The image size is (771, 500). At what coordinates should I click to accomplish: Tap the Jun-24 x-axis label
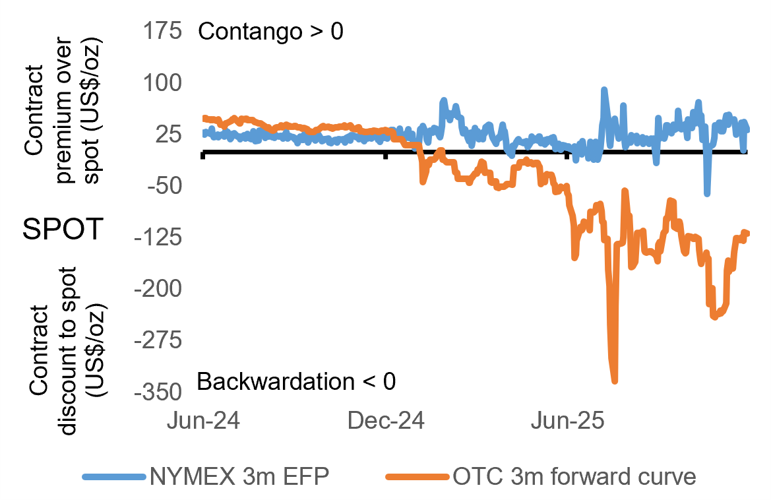tap(203, 421)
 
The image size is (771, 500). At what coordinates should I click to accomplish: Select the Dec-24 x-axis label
tap(385, 421)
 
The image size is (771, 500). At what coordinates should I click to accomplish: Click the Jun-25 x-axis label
tap(567, 421)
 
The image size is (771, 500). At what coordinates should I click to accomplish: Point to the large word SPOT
tap(62, 230)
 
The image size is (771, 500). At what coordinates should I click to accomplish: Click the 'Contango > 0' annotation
tap(270, 31)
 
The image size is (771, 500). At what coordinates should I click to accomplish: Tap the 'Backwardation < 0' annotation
tap(296, 381)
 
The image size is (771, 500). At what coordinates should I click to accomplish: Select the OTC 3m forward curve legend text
tap(574, 476)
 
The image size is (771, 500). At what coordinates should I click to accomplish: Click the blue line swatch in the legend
tap(113, 476)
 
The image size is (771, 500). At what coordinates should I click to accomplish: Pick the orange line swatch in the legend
tap(419, 476)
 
